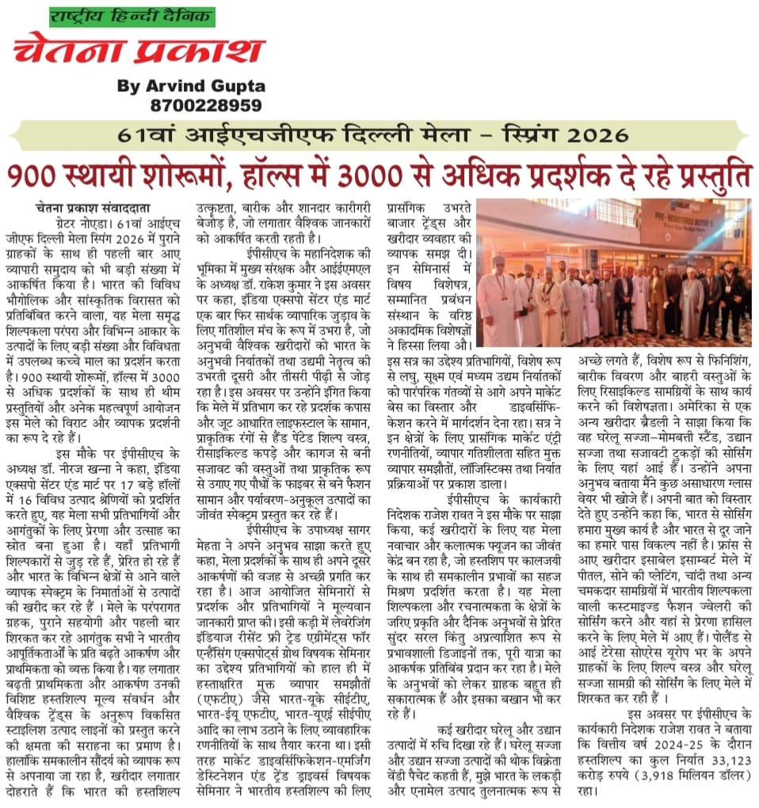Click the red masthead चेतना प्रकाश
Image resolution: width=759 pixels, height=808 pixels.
pos(138,49)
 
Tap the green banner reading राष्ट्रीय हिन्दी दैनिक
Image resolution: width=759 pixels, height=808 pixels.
pos(132,15)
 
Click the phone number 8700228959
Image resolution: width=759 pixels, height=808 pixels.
pos(205,105)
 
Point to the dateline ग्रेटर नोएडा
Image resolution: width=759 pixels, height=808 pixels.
pos(75,224)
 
